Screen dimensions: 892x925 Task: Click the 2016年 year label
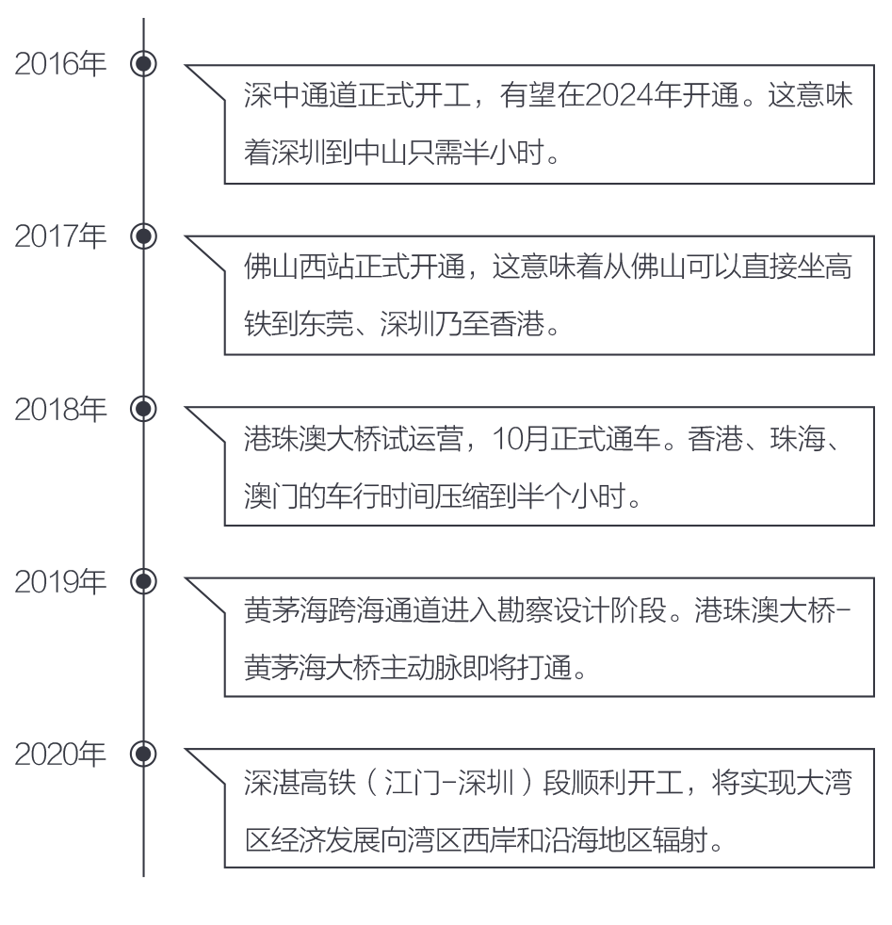60,64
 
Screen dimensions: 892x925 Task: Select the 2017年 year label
60,236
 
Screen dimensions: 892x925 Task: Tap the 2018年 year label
60,409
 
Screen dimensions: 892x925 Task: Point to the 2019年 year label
60,582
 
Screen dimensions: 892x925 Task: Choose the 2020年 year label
60,754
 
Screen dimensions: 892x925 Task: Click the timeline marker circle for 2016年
143,64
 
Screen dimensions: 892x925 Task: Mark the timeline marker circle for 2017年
143,236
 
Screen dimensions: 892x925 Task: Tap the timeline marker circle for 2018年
143,409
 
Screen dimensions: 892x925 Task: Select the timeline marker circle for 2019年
143,582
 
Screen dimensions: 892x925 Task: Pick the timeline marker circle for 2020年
143,754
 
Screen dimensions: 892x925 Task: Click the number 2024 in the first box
619,96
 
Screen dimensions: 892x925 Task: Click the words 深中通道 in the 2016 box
300,95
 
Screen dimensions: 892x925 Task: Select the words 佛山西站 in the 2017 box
300,267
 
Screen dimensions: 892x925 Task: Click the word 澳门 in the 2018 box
271,495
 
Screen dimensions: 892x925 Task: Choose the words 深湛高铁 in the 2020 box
300,783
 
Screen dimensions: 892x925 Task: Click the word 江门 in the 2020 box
412,783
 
